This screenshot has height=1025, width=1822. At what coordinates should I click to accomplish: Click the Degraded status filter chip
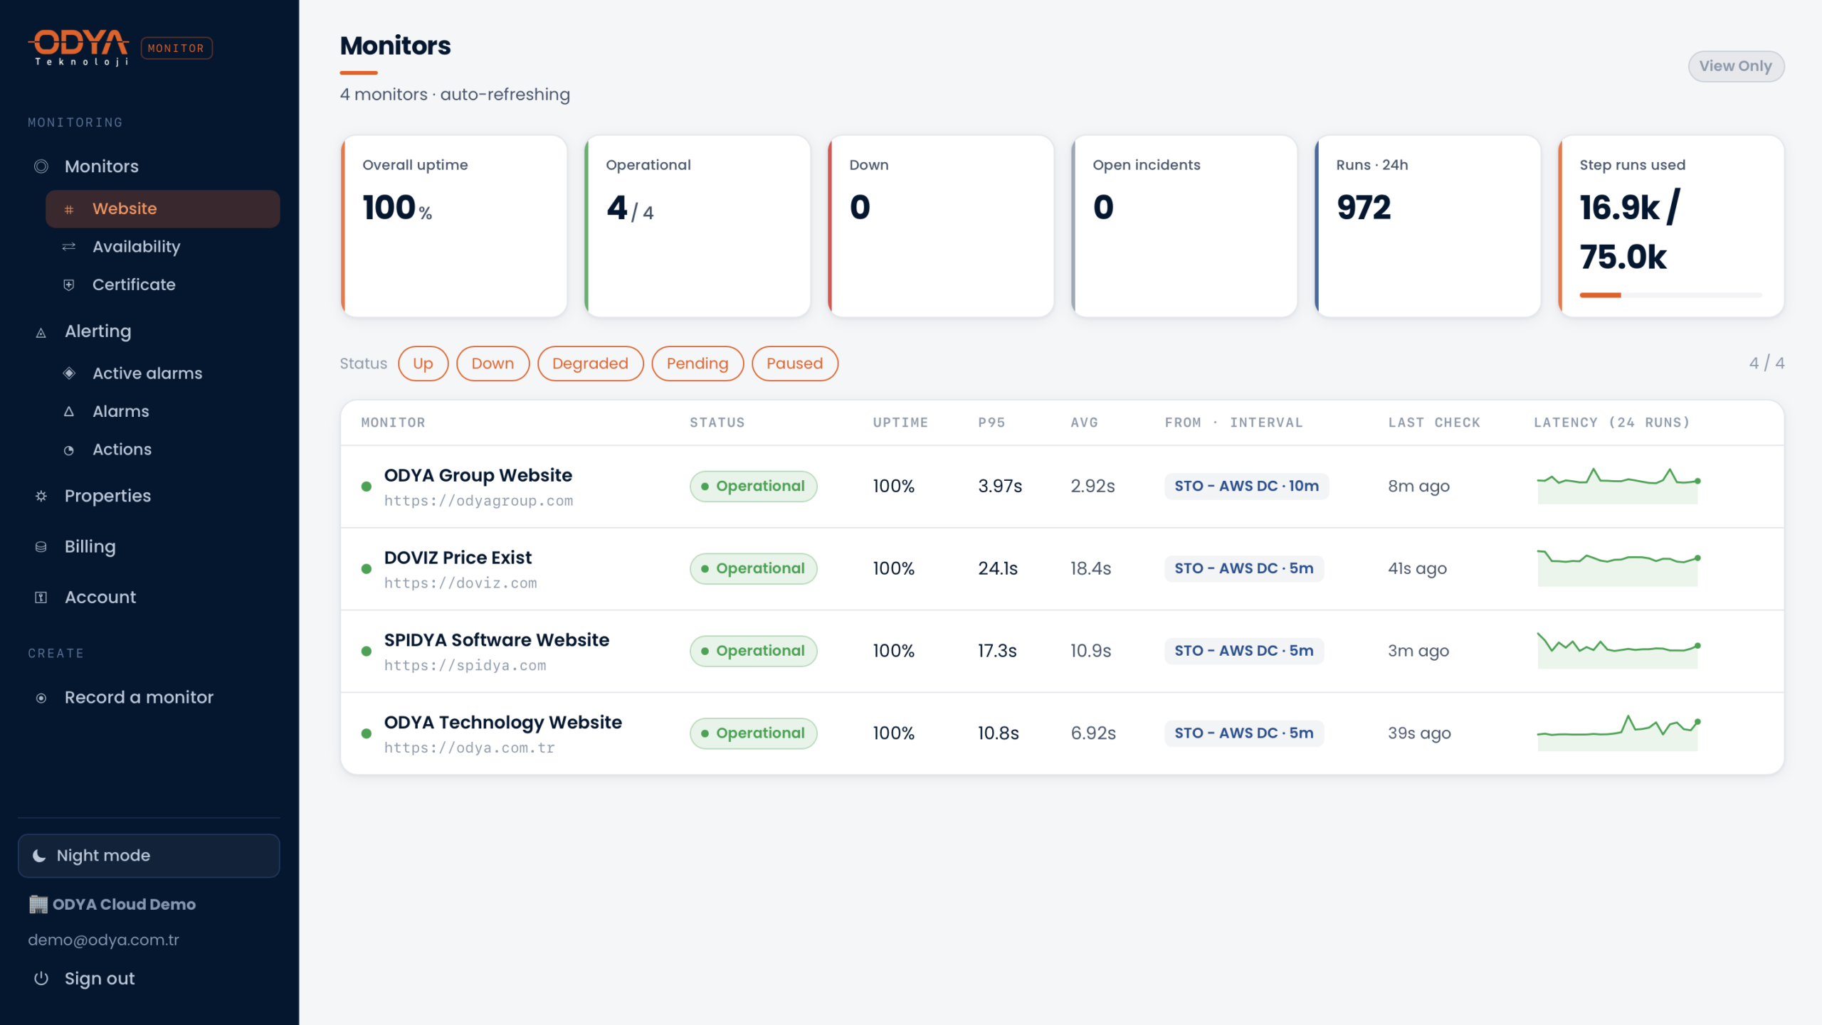[590, 363]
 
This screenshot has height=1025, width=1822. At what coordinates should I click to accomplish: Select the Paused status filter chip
[794, 363]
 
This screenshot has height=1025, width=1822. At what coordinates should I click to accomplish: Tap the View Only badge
[1735, 66]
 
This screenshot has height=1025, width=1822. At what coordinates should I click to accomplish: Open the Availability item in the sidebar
[136, 247]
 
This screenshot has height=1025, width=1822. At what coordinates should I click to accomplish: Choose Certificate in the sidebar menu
[134, 285]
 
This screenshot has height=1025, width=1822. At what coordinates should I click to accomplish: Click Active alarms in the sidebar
[147, 373]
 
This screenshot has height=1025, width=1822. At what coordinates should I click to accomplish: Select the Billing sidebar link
[90, 546]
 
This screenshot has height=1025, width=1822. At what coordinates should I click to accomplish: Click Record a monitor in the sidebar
[139, 697]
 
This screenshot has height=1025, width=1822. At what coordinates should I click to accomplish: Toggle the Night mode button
[149, 856]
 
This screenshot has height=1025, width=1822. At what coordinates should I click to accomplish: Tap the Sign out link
[100, 979]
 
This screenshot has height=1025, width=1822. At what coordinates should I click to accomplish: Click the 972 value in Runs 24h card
[1363, 207]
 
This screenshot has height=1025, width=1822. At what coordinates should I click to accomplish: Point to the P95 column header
[991, 423]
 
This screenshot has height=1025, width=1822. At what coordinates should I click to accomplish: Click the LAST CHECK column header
[1434, 423]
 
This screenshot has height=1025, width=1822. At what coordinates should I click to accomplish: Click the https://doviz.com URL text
[460, 583]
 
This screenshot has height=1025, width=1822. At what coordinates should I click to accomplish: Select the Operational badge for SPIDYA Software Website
[753, 651]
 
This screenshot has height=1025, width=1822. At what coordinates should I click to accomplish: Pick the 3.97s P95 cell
[1000, 487]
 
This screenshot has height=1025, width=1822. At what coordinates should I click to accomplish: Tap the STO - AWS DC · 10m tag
[1246, 487]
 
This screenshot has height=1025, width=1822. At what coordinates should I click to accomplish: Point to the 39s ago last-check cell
[1419, 733]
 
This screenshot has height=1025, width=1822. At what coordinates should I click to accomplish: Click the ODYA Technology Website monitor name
[502, 722]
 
